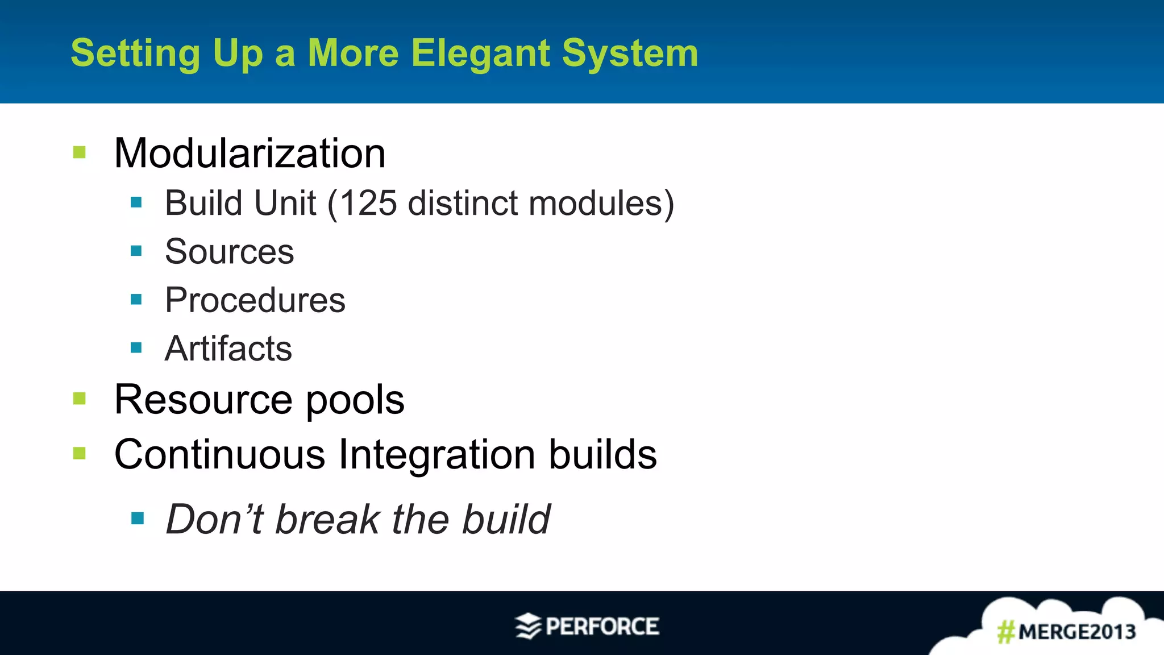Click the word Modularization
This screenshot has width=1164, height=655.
click(x=250, y=154)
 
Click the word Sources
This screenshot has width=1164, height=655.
click(x=229, y=251)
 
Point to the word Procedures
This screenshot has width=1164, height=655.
click(x=255, y=300)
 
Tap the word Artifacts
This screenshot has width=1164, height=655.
click(x=228, y=348)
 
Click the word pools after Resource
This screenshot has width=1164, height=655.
click(x=355, y=400)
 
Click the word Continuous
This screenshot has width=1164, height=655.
click(x=219, y=454)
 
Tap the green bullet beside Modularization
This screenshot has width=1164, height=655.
click(x=80, y=152)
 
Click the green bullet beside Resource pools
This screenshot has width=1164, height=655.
click(x=80, y=399)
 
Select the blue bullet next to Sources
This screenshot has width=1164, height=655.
click(x=136, y=251)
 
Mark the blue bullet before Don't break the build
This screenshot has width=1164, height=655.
click(x=137, y=518)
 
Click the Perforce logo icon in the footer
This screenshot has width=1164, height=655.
click(x=528, y=627)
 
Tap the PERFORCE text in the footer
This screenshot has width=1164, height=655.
click(x=602, y=627)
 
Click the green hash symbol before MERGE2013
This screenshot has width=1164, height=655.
click(x=1006, y=632)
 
